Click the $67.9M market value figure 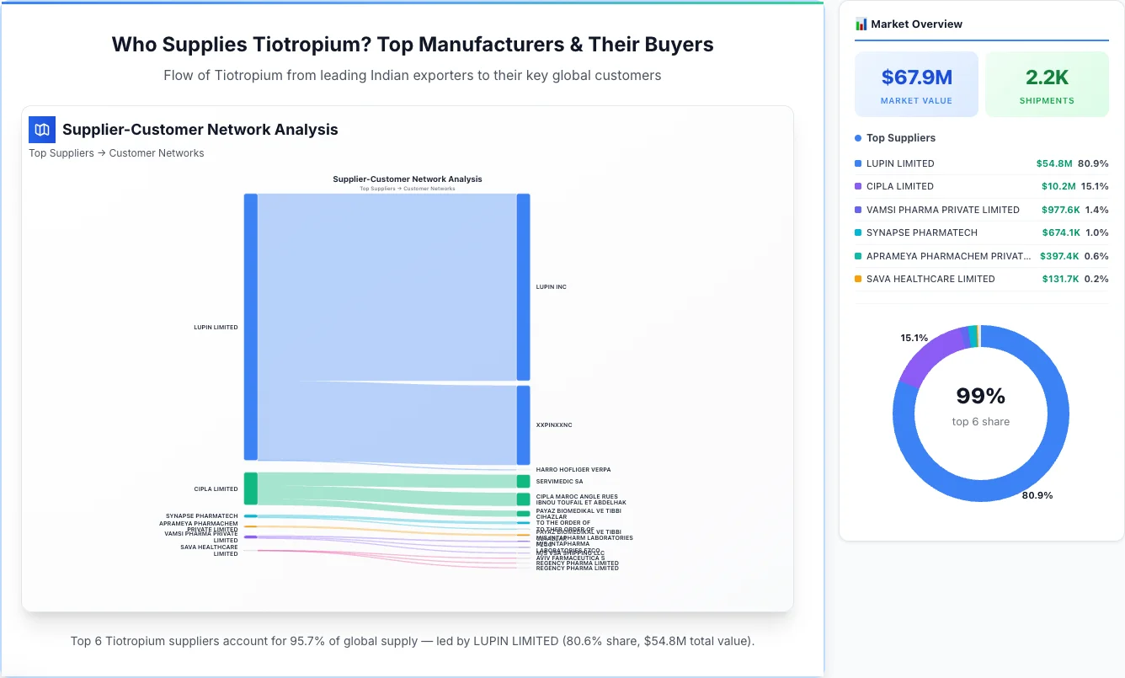916,77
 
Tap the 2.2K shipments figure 1047,77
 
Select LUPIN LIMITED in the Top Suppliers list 900,163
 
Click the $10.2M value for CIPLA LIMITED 1058,186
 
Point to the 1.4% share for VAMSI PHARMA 1096,210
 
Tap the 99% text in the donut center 980,396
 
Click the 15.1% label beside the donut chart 914,338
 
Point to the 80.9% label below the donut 1037,495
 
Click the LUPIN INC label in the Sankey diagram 551,287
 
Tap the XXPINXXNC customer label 553,425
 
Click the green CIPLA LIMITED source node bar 251,488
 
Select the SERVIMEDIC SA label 559,482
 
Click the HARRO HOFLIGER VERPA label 573,470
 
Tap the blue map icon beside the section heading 42,130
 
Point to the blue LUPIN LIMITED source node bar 251,327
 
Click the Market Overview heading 916,24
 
